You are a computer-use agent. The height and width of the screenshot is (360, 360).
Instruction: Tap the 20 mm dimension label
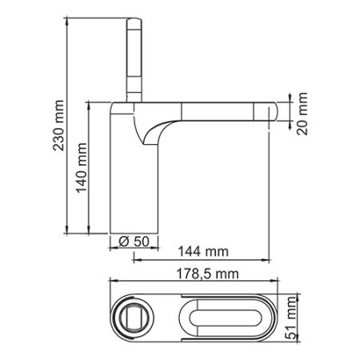pos(302,114)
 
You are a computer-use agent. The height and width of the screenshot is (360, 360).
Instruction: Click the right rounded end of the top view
pos(279,319)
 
